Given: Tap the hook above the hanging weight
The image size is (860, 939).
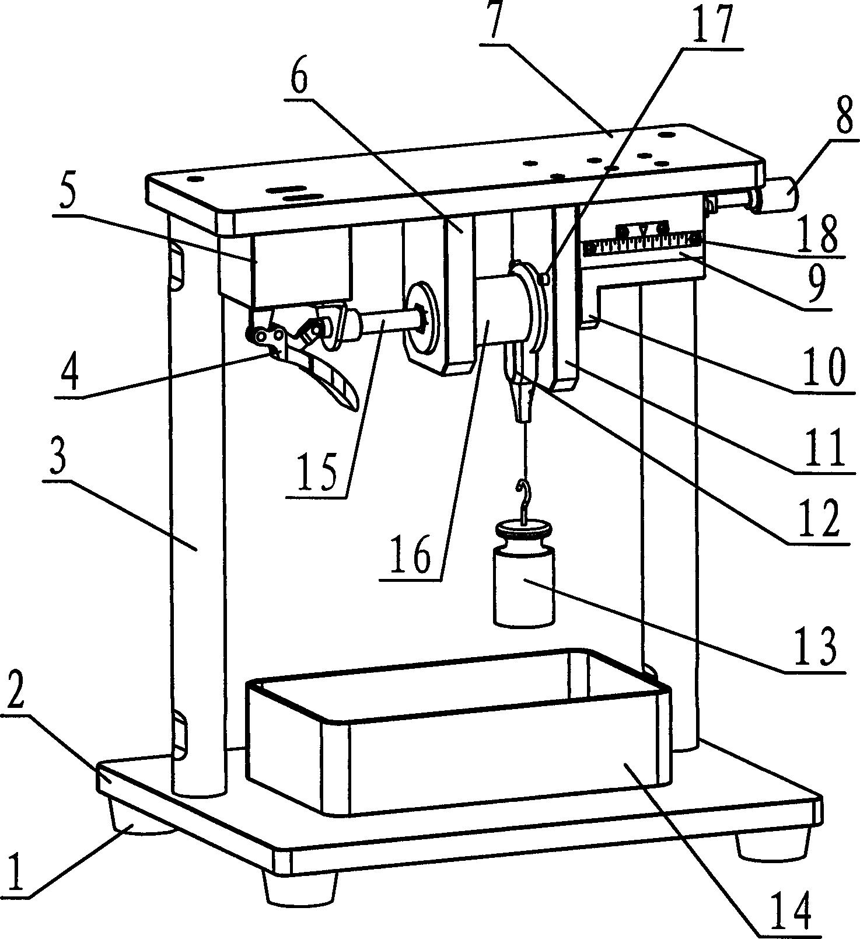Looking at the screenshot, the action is click(524, 499).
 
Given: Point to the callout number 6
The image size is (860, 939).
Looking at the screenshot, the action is click(299, 77).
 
